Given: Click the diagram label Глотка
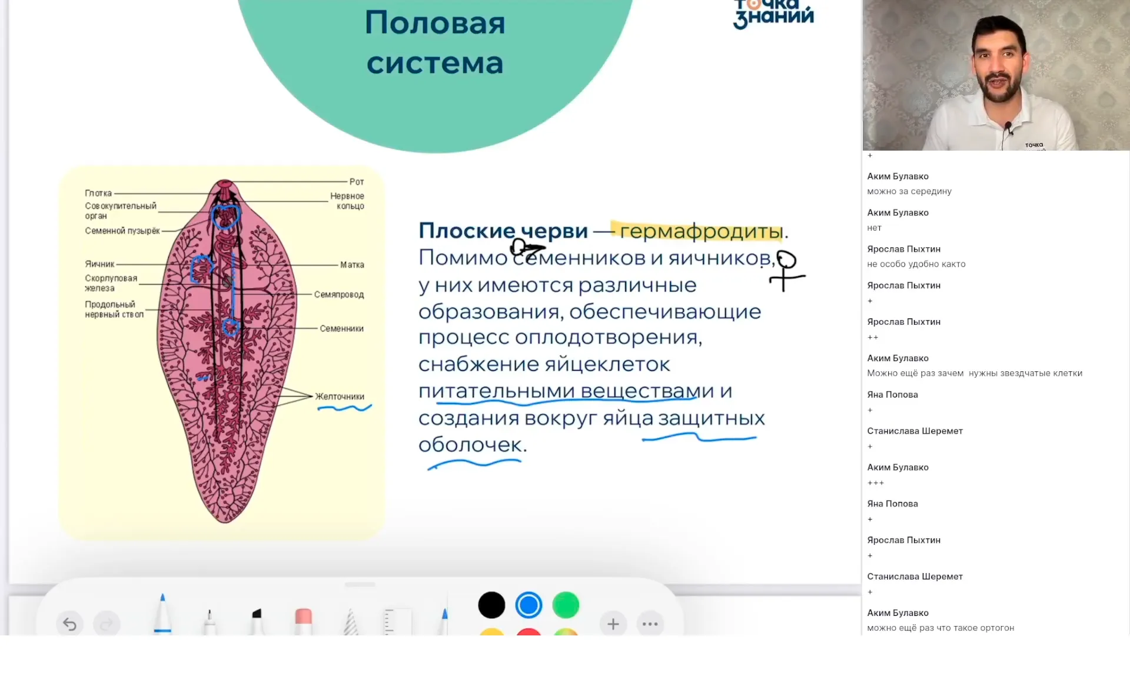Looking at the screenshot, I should click(x=98, y=193).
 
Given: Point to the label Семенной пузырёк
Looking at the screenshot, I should click(x=122, y=231).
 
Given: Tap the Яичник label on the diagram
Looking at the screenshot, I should click(x=99, y=264).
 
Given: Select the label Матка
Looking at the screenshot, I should click(x=352, y=265).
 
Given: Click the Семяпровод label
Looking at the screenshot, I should click(x=339, y=294).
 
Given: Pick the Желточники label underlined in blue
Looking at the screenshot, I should click(x=340, y=397).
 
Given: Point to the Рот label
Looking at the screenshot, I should click(x=357, y=182).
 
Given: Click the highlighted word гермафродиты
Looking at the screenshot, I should click(x=701, y=231).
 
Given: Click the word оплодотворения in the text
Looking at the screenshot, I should click(x=609, y=338).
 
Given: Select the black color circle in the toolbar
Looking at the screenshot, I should click(x=491, y=605).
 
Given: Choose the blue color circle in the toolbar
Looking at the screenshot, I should click(x=529, y=605).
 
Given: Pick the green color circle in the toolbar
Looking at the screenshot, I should click(x=566, y=605).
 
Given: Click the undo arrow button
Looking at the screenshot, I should click(x=70, y=624).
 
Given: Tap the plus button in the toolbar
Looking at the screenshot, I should click(x=613, y=624).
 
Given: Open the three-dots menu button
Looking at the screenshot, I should click(x=650, y=624).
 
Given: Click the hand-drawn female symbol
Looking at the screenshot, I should click(x=785, y=270).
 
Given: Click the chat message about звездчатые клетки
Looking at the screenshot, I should click(x=975, y=373).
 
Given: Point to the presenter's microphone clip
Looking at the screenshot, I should click(x=1008, y=127).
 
